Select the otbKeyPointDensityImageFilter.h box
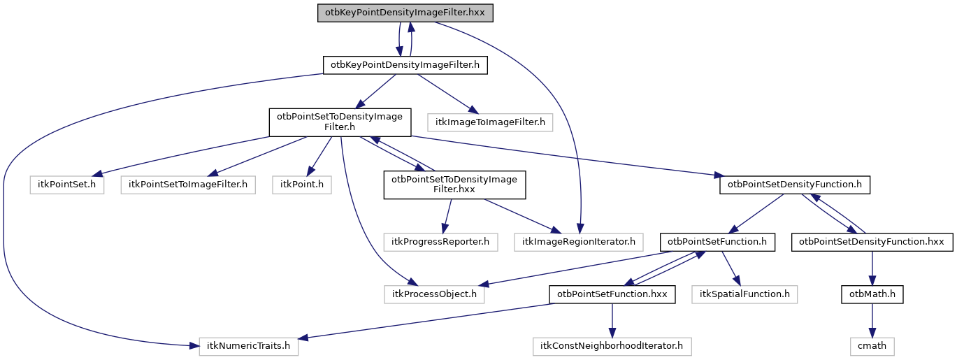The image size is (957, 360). click(x=405, y=65)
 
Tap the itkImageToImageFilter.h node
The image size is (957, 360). click(x=490, y=122)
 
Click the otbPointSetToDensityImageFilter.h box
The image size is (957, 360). click(x=340, y=122)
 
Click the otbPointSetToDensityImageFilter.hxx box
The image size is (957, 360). click(x=454, y=185)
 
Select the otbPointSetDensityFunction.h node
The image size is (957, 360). click(x=795, y=185)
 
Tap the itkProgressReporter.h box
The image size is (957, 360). click(x=440, y=242)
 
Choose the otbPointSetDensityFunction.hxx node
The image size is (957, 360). click(x=872, y=242)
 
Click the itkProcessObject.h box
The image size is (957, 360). click(x=434, y=294)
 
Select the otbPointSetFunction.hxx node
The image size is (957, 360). click(x=612, y=294)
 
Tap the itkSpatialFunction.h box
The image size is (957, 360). click(x=744, y=294)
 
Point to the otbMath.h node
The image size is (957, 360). click(x=872, y=294)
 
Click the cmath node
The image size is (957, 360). click(x=872, y=345)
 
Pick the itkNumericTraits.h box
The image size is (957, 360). click(x=249, y=345)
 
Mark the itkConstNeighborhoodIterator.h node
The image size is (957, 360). click(x=612, y=345)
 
